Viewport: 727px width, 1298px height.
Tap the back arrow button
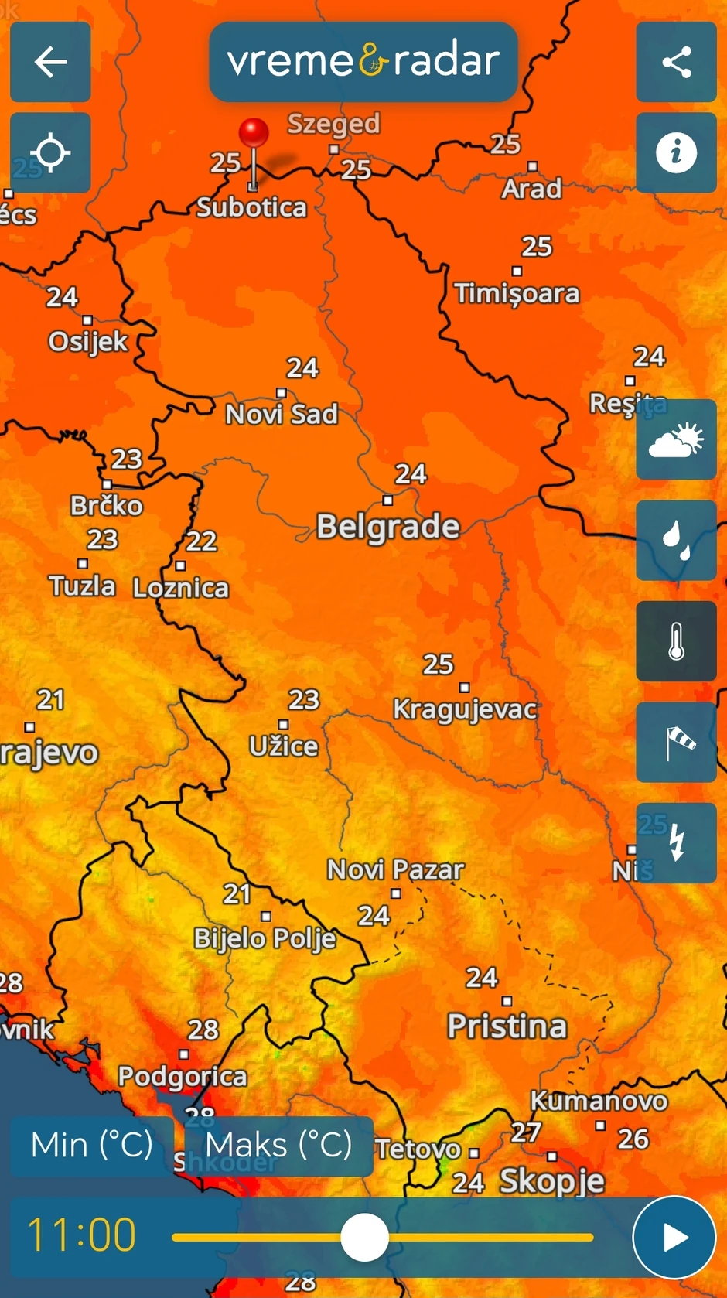click(50, 62)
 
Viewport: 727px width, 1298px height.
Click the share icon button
click(676, 62)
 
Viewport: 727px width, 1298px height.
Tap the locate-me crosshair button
click(50, 152)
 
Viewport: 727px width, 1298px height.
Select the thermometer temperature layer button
click(676, 641)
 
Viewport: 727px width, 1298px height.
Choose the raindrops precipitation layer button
click(676, 540)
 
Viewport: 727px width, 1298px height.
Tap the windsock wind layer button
click(676, 743)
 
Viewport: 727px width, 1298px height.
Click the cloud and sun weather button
click(676, 439)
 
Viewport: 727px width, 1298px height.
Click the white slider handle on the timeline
click(364, 1237)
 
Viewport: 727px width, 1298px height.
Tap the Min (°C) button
click(92, 1146)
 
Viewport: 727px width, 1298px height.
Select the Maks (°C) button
click(278, 1146)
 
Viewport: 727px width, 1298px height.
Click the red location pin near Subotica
click(254, 133)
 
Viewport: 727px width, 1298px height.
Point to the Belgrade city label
click(388, 527)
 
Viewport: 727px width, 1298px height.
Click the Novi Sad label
click(282, 414)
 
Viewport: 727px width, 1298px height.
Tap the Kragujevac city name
click(464, 709)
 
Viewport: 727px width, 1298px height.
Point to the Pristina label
click(507, 1026)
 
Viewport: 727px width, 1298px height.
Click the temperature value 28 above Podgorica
click(203, 1030)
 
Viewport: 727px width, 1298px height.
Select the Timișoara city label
click(517, 293)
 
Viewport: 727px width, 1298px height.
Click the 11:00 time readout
click(81, 1235)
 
